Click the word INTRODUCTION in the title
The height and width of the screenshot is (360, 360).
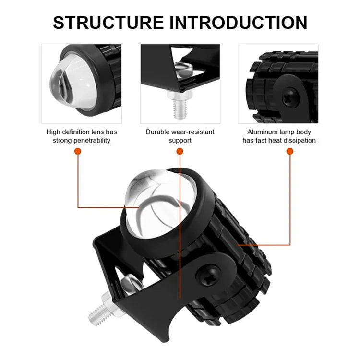tap(239, 22)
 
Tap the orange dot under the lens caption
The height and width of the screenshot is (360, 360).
tap(77, 151)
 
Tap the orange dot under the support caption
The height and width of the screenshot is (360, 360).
tap(180, 151)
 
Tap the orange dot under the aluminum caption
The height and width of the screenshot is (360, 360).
tap(289, 151)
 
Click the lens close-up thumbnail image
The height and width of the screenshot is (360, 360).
tap(81, 84)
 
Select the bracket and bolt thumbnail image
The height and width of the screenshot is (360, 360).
tap(180, 84)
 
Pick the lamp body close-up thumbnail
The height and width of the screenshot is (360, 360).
tap(278, 84)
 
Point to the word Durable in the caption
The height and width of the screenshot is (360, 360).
tap(158, 132)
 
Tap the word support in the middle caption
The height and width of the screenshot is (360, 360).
tap(180, 140)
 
